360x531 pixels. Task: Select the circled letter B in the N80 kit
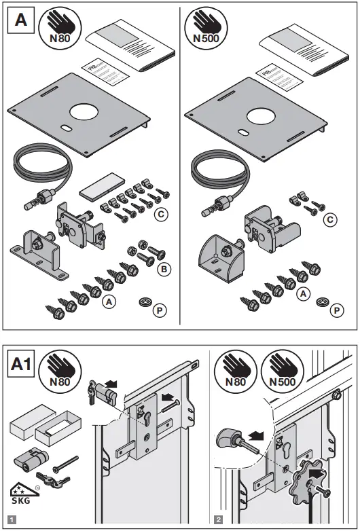tap(162, 270)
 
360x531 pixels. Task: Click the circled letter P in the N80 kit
tap(160, 310)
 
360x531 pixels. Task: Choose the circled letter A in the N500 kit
tap(304, 293)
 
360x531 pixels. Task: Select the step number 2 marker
tap(218, 520)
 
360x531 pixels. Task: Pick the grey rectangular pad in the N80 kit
tap(99, 186)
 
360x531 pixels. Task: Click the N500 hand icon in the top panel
tap(206, 31)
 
